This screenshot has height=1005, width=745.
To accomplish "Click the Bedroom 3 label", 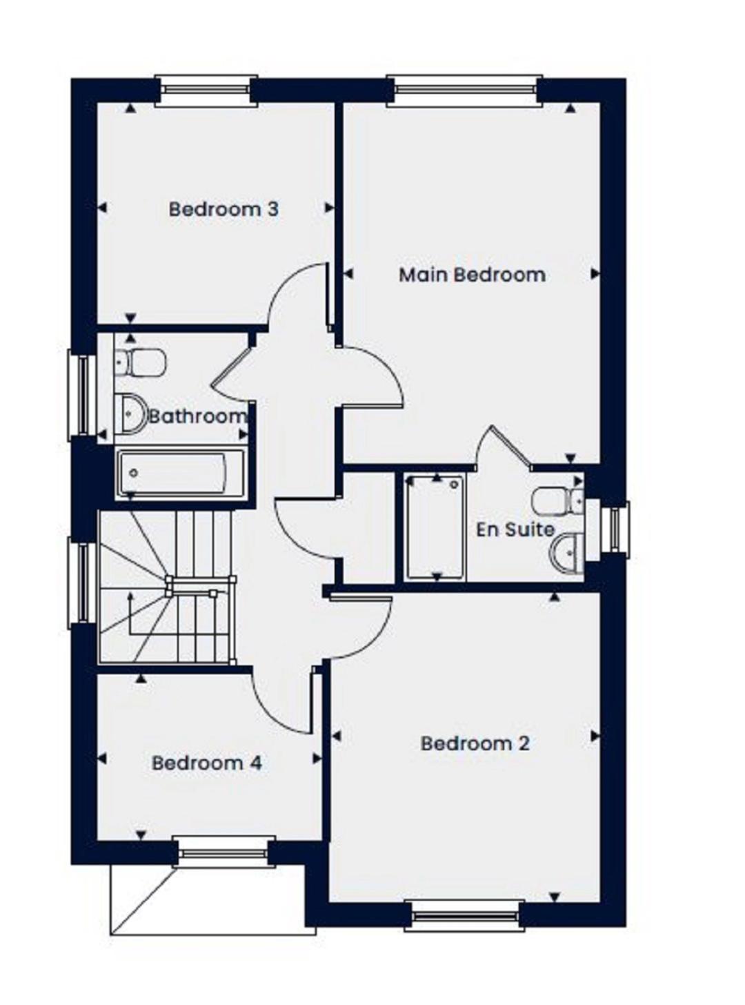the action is [223, 209].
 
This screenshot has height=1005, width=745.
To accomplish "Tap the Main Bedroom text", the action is [472, 275].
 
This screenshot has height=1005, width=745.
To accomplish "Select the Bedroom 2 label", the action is [475, 743].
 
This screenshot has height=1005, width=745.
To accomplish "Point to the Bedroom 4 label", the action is [206, 763].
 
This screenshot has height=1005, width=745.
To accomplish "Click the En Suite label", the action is [515, 529].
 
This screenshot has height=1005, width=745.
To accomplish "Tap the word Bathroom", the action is [198, 416].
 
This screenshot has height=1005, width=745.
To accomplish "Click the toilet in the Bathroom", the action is [140, 362].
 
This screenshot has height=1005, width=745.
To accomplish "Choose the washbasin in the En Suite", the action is [568, 552].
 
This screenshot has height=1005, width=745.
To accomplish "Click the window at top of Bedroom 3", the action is [206, 90].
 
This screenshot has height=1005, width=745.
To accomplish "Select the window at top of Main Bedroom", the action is [464, 90].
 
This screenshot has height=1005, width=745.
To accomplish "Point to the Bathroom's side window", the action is [83, 394].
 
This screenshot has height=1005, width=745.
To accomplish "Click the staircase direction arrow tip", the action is [131, 594].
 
